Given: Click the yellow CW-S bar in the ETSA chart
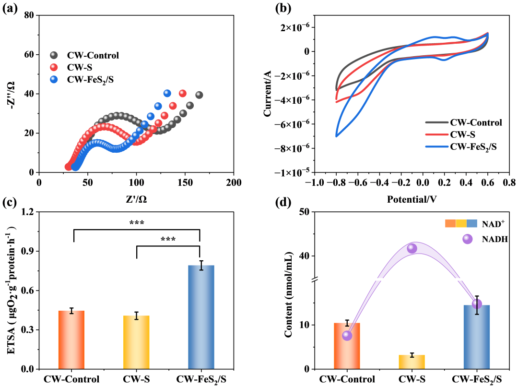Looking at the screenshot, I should pos(137,342).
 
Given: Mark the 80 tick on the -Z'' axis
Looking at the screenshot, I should pos(30,15).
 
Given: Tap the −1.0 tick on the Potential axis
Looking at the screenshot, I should pos(314,182).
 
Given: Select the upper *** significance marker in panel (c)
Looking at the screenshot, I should pos(137,222).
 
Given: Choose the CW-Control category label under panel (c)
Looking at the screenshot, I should pos(71,379).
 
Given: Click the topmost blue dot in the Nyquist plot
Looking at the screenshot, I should pos(167,93).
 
